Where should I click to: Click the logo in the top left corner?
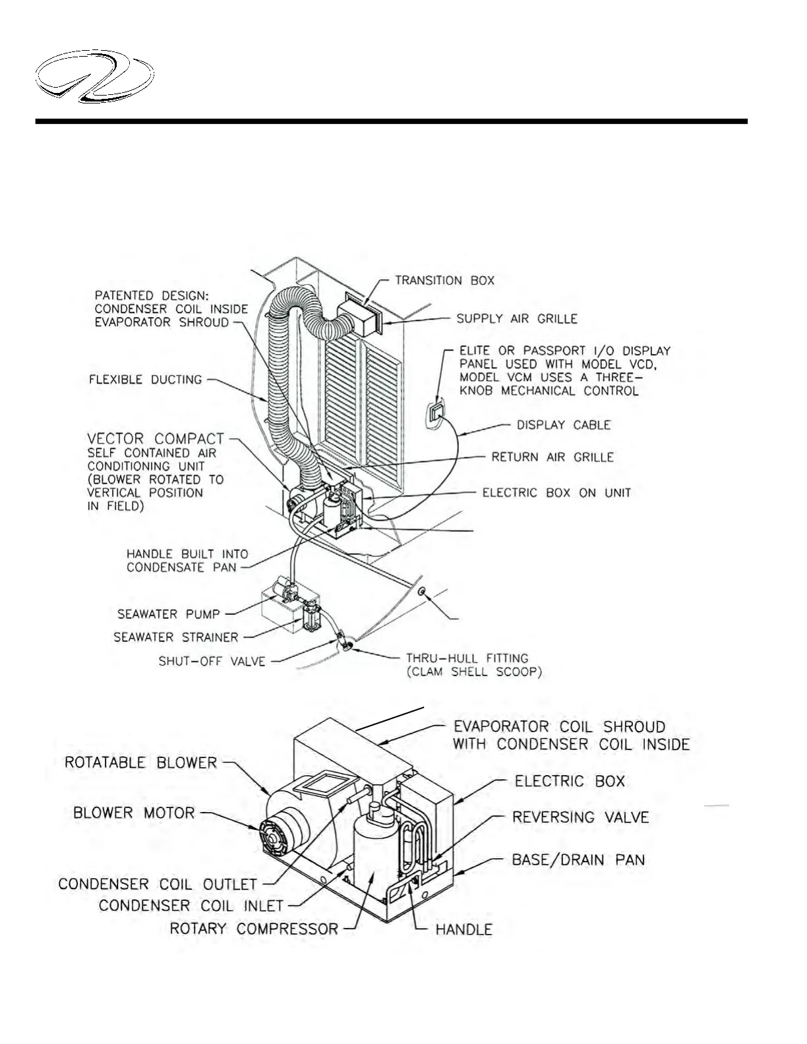95,80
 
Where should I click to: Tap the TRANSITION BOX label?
444,281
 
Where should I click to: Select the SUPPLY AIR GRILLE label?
517,319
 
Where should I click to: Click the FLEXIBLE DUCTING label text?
145,380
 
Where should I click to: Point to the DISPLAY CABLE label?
563,425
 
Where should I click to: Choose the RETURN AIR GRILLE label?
553,457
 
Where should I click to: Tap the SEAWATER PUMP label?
168,614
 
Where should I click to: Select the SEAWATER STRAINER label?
175,637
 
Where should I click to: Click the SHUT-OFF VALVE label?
212,661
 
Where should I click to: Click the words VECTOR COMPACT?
156,439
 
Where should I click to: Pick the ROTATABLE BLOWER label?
140,763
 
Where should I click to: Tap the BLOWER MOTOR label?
134,813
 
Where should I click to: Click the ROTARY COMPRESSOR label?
254,929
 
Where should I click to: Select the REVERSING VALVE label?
580,818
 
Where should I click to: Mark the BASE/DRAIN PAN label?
578,860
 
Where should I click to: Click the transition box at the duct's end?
359,316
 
